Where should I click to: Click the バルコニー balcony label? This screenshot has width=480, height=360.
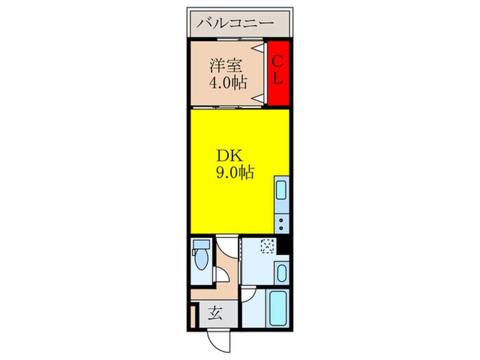pos(235,23)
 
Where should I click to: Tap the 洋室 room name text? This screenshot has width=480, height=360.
pos(226,65)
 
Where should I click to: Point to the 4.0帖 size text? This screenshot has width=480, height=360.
pos(228,82)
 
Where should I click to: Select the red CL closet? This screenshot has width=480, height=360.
pos(278,73)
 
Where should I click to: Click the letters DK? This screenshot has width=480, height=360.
pos(230,156)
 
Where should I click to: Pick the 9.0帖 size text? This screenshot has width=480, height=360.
pos(235,173)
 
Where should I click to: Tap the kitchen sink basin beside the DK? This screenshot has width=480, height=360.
pos(282,190)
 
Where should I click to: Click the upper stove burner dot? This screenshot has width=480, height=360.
pos(281,220)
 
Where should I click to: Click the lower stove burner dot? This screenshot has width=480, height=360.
pos(281,228)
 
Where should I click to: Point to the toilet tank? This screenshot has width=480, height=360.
pos(202,244)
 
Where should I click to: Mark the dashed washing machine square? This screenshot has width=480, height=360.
pos(267,246)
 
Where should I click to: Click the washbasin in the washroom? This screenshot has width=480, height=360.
pos(282,273)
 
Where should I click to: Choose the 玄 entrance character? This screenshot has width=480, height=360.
pos(215,313)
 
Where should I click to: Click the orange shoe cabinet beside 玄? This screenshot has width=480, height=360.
pos(193,317)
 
